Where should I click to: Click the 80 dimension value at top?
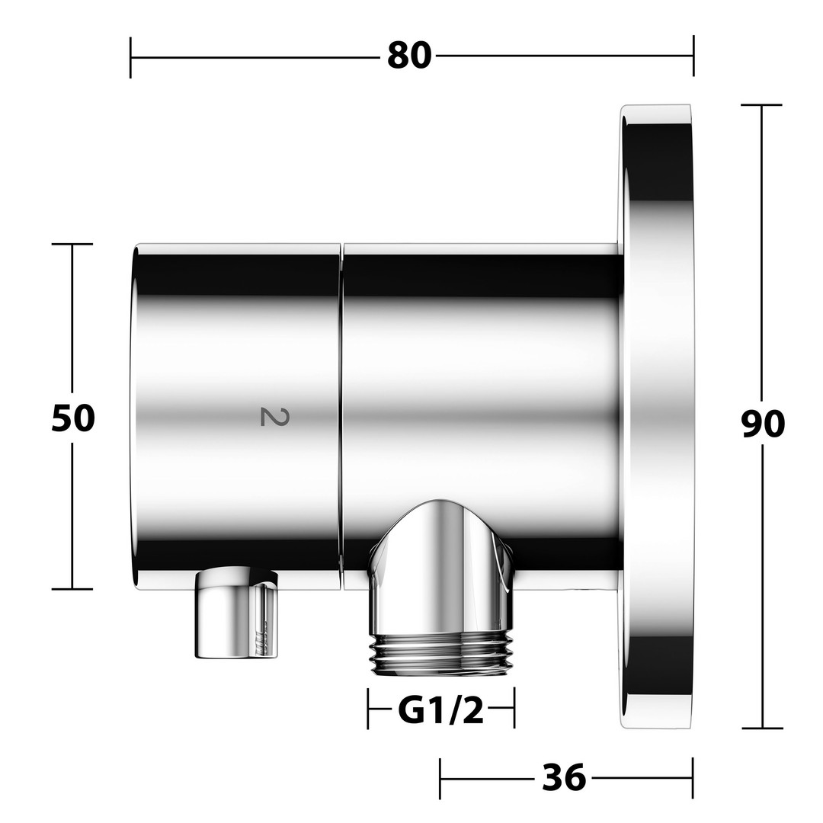click(x=409, y=56)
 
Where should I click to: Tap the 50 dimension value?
click(x=73, y=418)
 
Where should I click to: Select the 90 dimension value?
click(x=763, y=424)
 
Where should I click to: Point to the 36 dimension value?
click(x=564, y=777)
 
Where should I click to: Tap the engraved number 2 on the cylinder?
click(x=274, y=417)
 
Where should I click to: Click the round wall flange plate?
click(x=656, y=417)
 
